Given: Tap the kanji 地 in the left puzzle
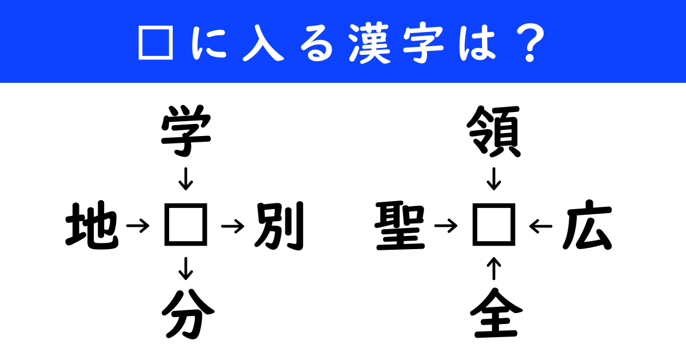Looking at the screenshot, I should [91, 227].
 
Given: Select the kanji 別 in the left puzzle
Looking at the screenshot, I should [278, 227].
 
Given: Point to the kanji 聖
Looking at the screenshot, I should [400, 227].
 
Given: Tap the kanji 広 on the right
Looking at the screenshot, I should [587, 227].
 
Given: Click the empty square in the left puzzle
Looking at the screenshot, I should [185, 227].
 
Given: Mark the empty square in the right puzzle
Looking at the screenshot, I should [494, 227].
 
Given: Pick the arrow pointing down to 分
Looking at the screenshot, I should [185, 269].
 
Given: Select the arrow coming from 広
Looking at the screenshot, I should [541, 227].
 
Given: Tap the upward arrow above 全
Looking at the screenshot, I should [495, 269].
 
